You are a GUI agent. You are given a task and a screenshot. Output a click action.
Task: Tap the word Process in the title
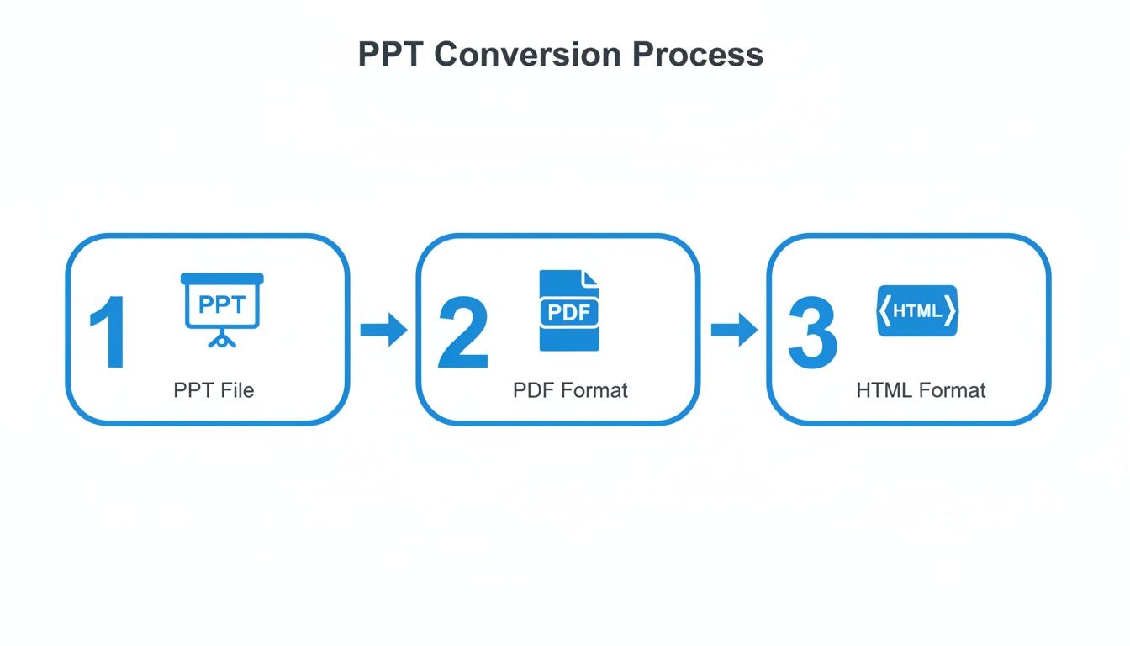(698, 55)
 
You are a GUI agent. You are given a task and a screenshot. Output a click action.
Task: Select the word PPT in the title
(393, 55)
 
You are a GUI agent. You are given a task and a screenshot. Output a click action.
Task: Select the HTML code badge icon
(917, 310)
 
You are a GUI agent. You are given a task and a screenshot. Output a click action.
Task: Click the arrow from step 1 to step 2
(383, 329)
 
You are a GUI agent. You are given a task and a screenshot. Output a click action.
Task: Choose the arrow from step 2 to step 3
(734, 329)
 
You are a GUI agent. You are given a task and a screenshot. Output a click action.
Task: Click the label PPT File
(214, 390)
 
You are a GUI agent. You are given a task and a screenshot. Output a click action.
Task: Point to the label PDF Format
(570, 390)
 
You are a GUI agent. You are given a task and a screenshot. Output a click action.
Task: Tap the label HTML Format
(921, 390)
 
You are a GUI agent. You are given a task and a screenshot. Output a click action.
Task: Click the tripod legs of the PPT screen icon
(222, 340)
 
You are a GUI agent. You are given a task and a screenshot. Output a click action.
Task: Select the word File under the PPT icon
(237, 390)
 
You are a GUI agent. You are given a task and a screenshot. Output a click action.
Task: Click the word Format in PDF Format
(594, 390)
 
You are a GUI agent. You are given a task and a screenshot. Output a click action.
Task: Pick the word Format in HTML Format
(952, 390)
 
